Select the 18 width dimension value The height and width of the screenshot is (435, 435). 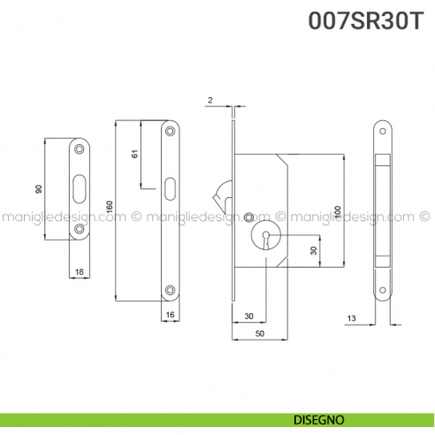pos(79,273)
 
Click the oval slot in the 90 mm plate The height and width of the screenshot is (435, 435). pos(80,188)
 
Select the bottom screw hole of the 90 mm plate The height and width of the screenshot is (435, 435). pos(80,228)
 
